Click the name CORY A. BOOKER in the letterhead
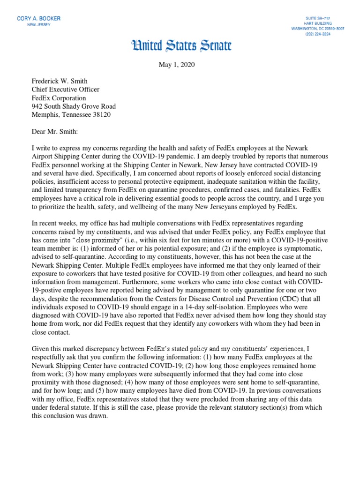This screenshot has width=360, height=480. click(38, 18)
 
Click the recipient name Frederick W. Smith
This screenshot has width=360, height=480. click(60, 81)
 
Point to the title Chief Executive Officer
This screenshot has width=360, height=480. click(65, 90)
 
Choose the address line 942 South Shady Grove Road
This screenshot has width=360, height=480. click(74, 106)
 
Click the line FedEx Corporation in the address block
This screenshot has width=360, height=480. click(59, 98)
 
